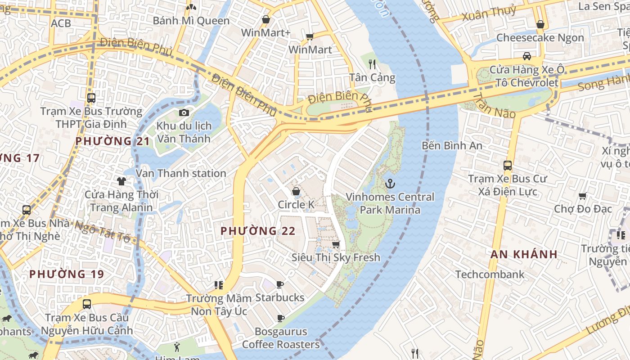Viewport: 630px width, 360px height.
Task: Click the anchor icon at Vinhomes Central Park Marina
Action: point(390,184)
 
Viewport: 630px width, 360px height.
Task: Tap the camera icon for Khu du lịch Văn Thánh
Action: point(184,112)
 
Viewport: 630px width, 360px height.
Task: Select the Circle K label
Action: point(296,205)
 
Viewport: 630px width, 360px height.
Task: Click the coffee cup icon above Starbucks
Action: point(280,284)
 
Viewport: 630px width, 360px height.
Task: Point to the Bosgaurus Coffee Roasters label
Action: point(281,338)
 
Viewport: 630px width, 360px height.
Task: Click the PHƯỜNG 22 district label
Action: point(258,231)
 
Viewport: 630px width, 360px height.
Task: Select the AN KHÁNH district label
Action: point(524,254)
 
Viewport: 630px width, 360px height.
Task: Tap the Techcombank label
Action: point(490,274)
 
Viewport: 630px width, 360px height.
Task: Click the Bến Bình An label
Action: point(452,146)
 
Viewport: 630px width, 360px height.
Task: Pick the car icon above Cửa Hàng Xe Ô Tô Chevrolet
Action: point(526,56)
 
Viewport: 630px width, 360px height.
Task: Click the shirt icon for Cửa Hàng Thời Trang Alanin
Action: point(121,181)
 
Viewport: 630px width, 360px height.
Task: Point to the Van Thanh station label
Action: point(181,173)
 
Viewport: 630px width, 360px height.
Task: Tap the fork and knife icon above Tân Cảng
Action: point(372,64)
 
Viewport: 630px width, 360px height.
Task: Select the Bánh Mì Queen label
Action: point(191,21)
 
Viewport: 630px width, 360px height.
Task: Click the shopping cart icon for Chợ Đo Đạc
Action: point(582,196)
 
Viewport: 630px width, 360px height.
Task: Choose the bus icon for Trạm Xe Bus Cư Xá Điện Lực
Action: point(508,166)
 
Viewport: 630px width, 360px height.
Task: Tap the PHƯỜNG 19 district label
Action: point(67,274)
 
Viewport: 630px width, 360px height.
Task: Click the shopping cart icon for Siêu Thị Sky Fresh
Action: point(336,244)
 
